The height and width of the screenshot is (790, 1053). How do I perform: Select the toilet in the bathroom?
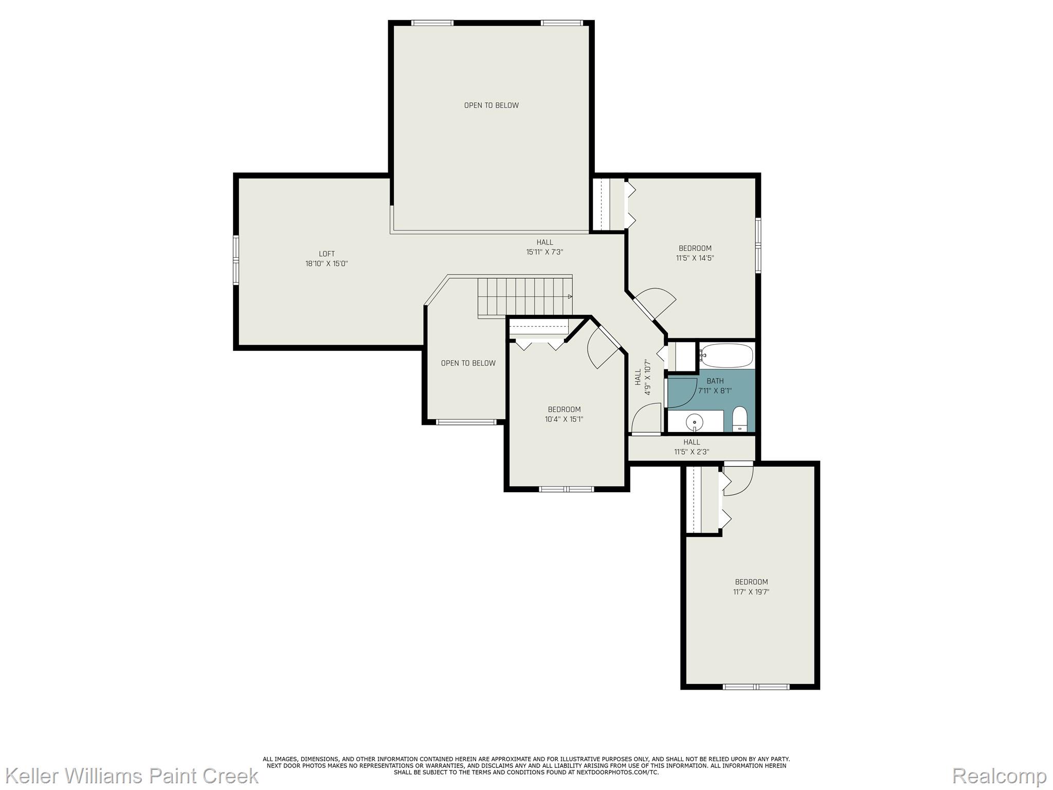(739, 419)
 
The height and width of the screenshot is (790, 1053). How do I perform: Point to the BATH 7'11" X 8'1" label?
(715, 386)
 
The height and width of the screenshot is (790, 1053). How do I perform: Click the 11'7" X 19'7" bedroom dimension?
(751, 592)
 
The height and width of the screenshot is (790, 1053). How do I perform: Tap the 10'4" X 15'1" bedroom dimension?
(564, 419)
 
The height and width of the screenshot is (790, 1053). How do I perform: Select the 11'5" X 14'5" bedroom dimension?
(695, 258)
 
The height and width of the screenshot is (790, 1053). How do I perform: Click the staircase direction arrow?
(570, 297)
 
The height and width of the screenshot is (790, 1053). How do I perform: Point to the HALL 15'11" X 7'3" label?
(544, 247)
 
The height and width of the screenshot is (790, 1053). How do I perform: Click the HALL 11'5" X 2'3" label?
(692, 447)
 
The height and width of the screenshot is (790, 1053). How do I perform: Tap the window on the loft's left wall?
(236, 260)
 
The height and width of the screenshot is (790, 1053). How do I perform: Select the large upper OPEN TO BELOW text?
(491, 105)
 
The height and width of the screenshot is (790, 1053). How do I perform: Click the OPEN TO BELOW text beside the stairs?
(468, 363)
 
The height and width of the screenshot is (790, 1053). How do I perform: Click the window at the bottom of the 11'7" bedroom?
(756, 687)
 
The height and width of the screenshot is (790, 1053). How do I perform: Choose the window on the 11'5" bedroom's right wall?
(758, 245)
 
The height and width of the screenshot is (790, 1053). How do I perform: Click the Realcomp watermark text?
(999, 776)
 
